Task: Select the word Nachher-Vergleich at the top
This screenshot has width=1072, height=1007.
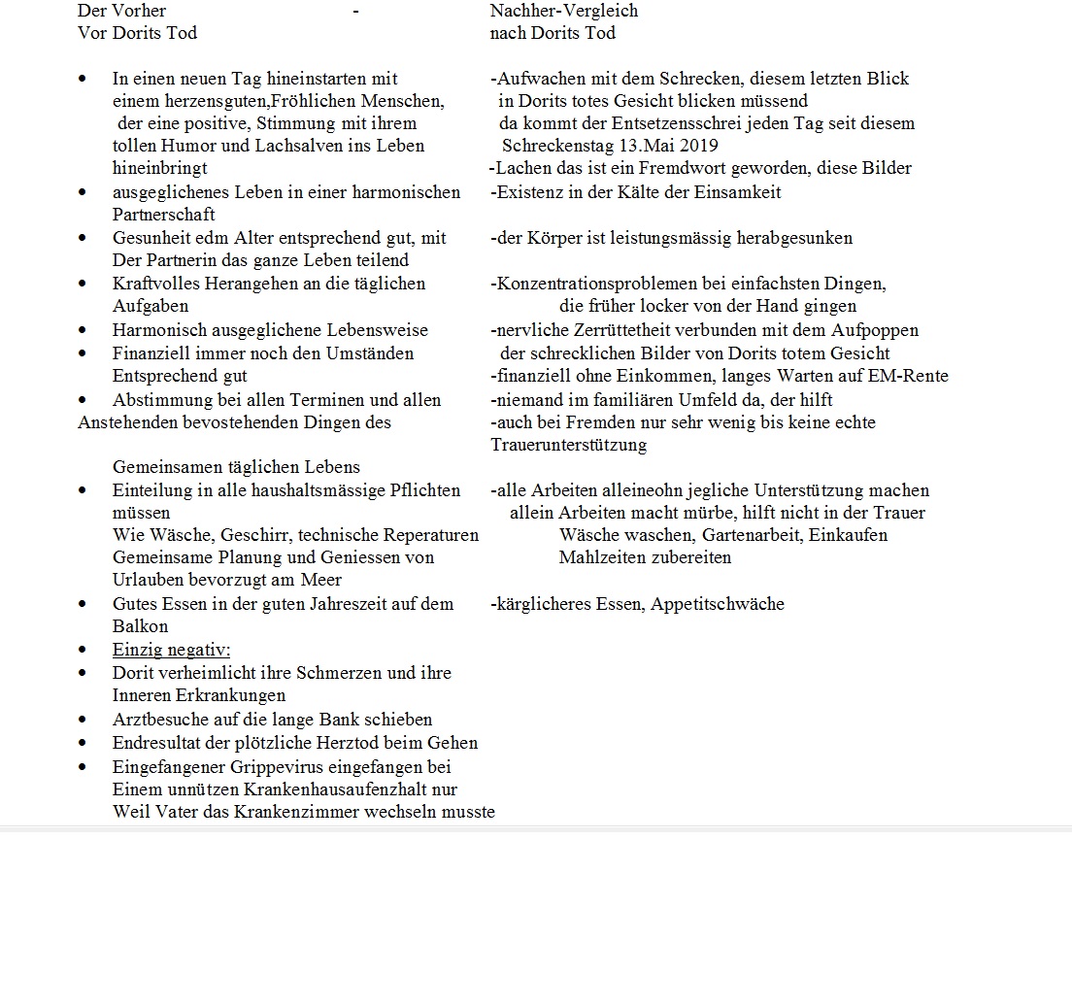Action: point(564,11)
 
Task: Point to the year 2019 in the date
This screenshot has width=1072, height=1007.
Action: point(699,146)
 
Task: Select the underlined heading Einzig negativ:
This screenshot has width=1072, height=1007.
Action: point(171,650)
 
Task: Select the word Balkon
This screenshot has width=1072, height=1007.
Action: point(141,626)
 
